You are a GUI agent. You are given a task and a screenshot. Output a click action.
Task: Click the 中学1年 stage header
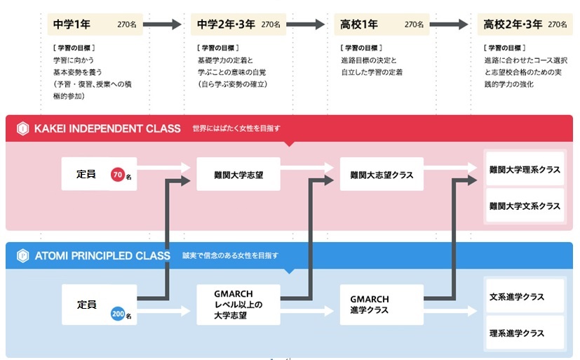95,25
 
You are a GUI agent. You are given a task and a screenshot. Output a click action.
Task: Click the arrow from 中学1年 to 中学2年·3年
165,25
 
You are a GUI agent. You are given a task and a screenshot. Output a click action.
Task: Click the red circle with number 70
118,174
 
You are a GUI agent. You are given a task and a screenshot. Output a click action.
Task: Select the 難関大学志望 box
238,174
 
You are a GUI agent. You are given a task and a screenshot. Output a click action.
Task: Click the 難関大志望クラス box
382,174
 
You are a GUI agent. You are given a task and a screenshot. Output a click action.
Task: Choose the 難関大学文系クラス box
525,206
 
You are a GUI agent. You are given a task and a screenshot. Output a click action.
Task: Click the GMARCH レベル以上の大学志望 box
238,305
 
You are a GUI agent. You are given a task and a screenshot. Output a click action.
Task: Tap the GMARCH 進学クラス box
382,305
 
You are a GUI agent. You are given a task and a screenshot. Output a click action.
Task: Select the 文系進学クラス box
525,297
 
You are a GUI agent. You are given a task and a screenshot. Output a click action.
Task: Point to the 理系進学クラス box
525,333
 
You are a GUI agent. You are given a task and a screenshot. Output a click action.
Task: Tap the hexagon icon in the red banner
22,128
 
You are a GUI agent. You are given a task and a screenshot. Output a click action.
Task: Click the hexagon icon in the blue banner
22,255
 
